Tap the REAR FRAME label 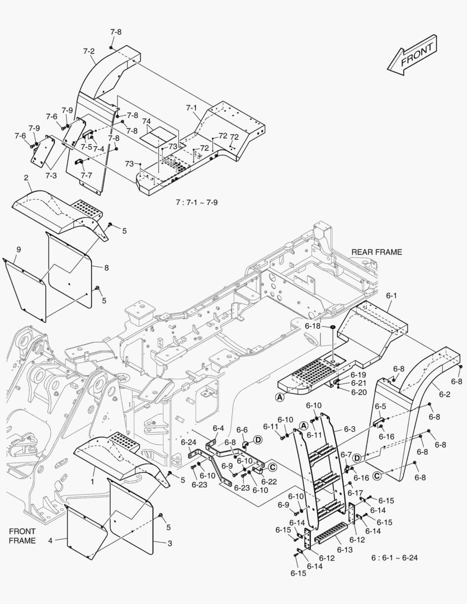pyautogui.click(x=376, y=252)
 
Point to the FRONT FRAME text pyautogui.click(x=22, y=536)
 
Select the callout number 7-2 pyautogui.click(x=88, y=51)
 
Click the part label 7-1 pyautogui.click(x=191, y=107)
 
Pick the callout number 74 pyautogui.click(x=147, y=121)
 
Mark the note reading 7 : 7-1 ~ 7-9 pyautogui.click(x=196, y=202)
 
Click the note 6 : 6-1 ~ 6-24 pyautogui.click(x=395, y=558)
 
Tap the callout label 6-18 pyautogui.click(x=313, y=325)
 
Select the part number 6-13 pyautogui.click(x=345, y=550)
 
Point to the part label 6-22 pyautogui.click(x=269, y=482)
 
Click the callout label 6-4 pyautogui.click(x=218, y=429)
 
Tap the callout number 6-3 pyautogui.click(x=350, y=429)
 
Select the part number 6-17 pyautogui.click(x=355, y=493)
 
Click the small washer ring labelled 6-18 pyautogui.click(x=332, y=326)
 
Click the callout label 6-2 pyautogui.click(x=445, y=394)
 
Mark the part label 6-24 pyautogui.click(x=188, y=442)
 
